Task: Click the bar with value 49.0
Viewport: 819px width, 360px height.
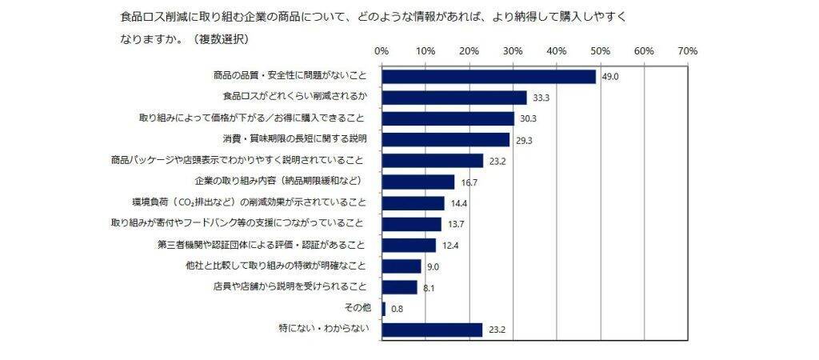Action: (489, 77)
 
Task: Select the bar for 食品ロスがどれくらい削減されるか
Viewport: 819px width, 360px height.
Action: (454, 98)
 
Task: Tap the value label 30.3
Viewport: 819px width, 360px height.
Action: (529, 119)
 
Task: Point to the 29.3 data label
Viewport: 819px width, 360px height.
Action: (524, 140)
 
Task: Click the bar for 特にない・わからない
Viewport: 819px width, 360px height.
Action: (433, 329)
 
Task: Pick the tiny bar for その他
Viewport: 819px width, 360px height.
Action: (384, 308)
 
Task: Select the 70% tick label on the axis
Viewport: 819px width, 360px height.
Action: (688, 50)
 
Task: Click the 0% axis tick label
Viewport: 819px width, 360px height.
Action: (382, 50)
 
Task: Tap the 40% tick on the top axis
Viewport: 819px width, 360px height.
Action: (557, 50)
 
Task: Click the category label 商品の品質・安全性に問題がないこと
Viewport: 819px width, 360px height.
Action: (290, 77)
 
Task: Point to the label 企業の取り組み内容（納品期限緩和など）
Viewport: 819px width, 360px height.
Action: (282, 182)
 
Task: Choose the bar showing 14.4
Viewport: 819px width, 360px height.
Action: (413, 203)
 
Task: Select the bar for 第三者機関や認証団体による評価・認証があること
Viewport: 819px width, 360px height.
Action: (409, 245)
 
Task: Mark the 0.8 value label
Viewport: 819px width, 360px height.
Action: (397, 309)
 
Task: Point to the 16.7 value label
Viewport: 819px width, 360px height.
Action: (469, 183)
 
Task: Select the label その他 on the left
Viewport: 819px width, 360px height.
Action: (358, 308)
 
